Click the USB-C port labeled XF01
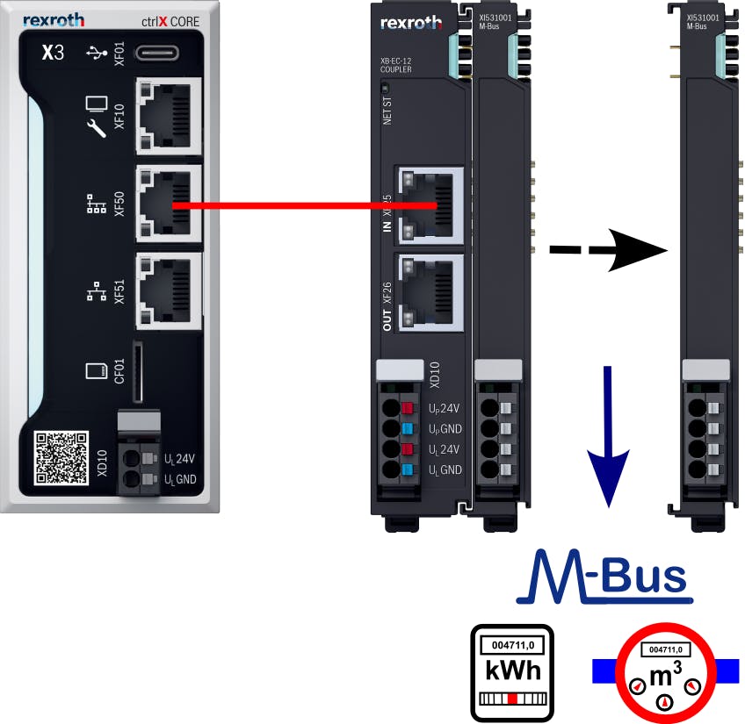(x=157, y=52)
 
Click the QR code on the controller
(x=61, y=457)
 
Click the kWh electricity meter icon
(x=511, y=672)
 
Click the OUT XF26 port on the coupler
(x=430, y=295)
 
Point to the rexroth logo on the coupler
(x=411, y=21)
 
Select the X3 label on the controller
(x=54, y=53)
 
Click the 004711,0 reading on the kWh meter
(x=512, y=646)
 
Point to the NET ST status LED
(x=387, y=89)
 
